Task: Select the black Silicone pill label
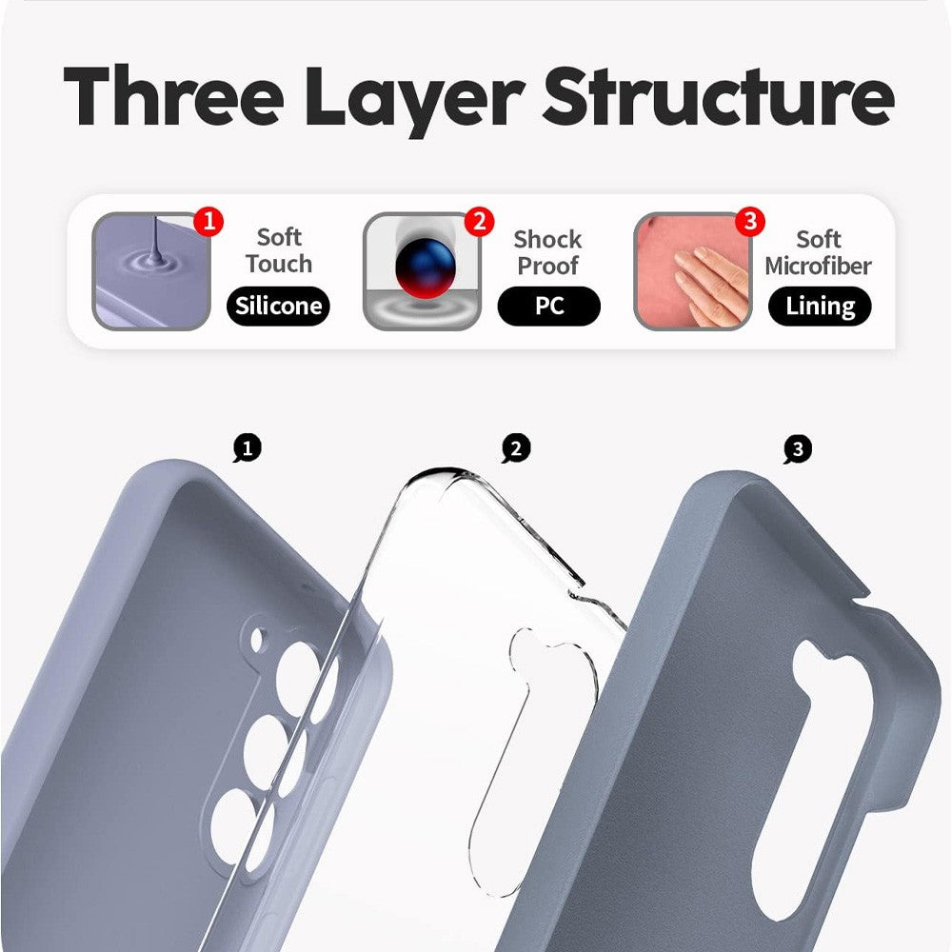pos(279,307)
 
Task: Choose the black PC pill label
pos(548,307)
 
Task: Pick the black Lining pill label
pos(819,307)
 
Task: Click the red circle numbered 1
pos(208,223)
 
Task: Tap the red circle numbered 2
pos(479,223)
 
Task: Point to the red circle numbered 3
pos(750,223)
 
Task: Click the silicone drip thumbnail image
pos(150,271)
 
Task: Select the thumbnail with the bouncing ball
pos(421,271)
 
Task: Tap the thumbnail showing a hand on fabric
pos(692,271)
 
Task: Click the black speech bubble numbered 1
pos(248,448)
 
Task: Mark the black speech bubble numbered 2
pos(516,448)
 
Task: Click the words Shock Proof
pos(547,252)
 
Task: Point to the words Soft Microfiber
pos(818,252)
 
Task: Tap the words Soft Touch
pos(278,250)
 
